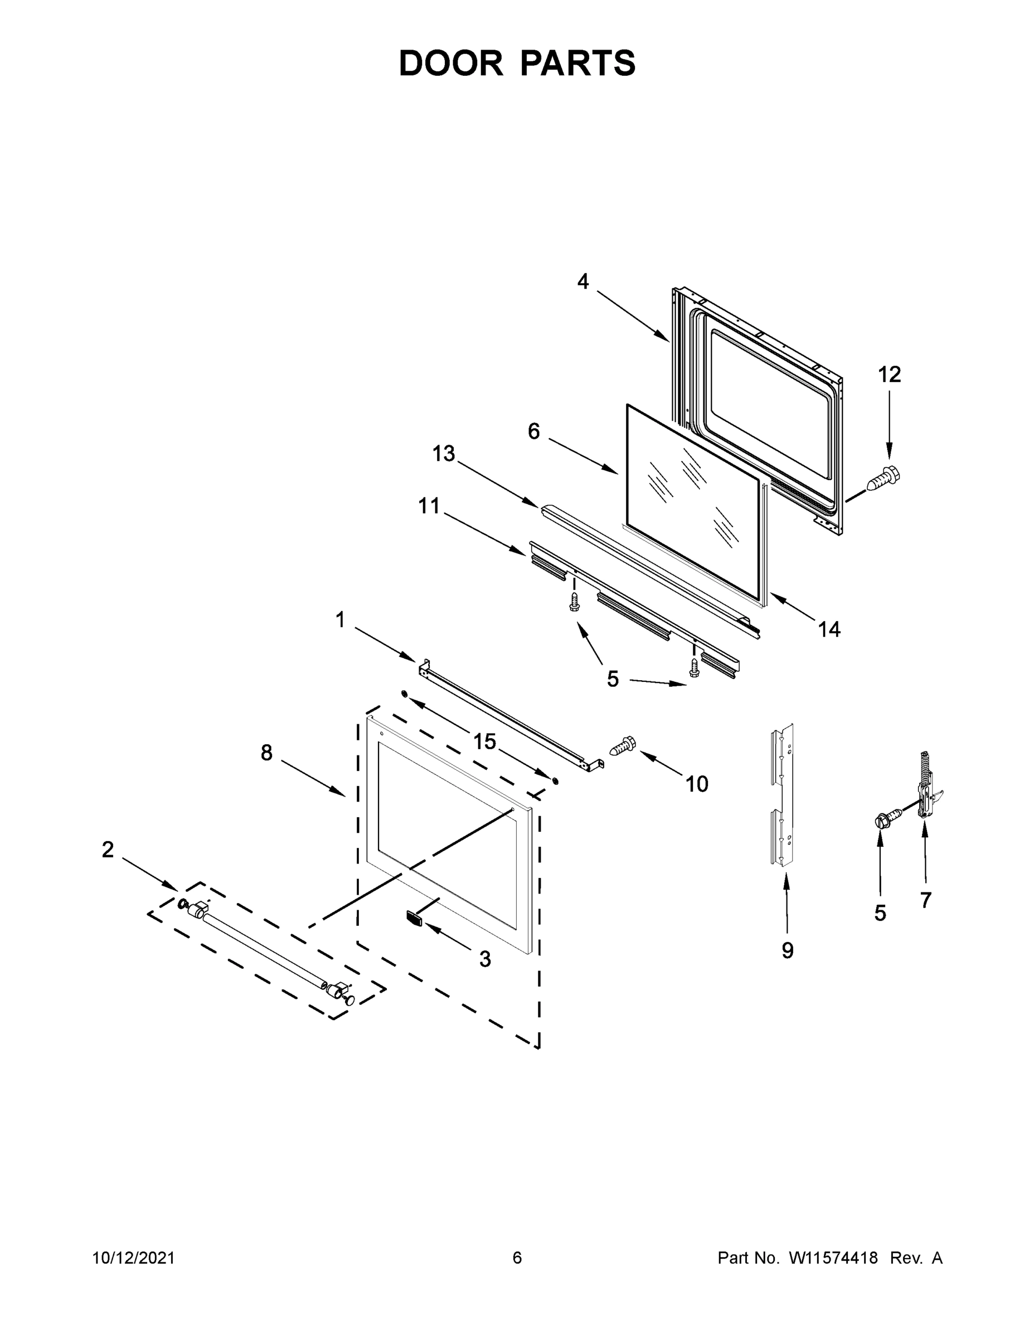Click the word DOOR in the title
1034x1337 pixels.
(x=451, y=64)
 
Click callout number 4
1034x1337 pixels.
(x=582, y=281)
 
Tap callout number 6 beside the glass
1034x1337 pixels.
(x=534, y=432)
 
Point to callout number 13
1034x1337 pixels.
(x=444, y=453)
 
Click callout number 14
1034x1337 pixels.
(x=829, y=629)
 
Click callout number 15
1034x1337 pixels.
(x=484, y=741)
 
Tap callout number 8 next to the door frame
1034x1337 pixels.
(x=266, y=753)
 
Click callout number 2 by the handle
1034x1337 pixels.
(x=108, y=849)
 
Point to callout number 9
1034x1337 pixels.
(x=787, y=950)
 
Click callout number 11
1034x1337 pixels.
(x=429, y=506)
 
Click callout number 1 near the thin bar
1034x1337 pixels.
(x=340, y=620)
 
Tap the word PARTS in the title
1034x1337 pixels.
(x=578, y=64)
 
